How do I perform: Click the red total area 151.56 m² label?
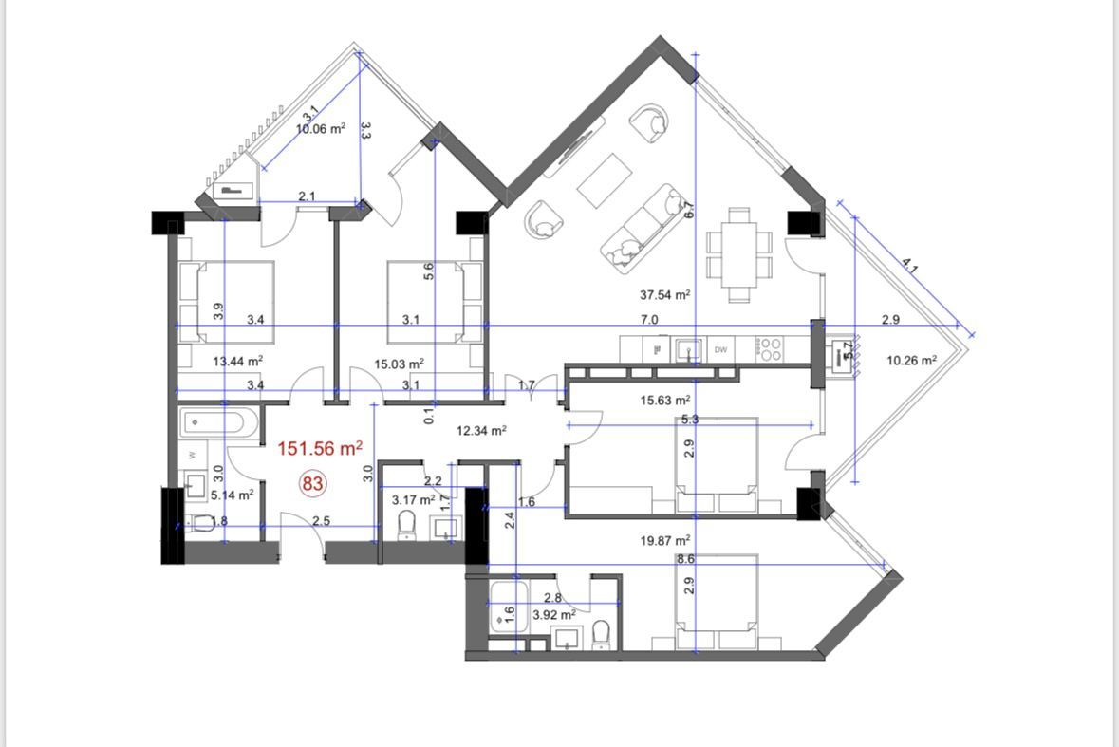[319, 448]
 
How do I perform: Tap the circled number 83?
[313, 483]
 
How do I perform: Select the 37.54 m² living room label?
[664, 295]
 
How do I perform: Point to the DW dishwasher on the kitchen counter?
[721, 350]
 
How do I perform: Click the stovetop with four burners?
[770, 349]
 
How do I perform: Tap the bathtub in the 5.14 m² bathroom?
[217, 423]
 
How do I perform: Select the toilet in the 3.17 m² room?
[408, 524]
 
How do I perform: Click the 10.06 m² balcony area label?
[321, 129]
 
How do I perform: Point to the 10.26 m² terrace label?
[911, 361]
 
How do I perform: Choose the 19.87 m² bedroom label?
[664, 540]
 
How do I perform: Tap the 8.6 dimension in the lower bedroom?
[685, 560]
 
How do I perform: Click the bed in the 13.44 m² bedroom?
[228, 302]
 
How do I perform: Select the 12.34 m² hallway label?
[481, 430]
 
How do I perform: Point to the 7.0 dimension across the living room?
[649, 320]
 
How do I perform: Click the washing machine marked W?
[195, 455]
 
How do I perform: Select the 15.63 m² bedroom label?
[665, 402]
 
